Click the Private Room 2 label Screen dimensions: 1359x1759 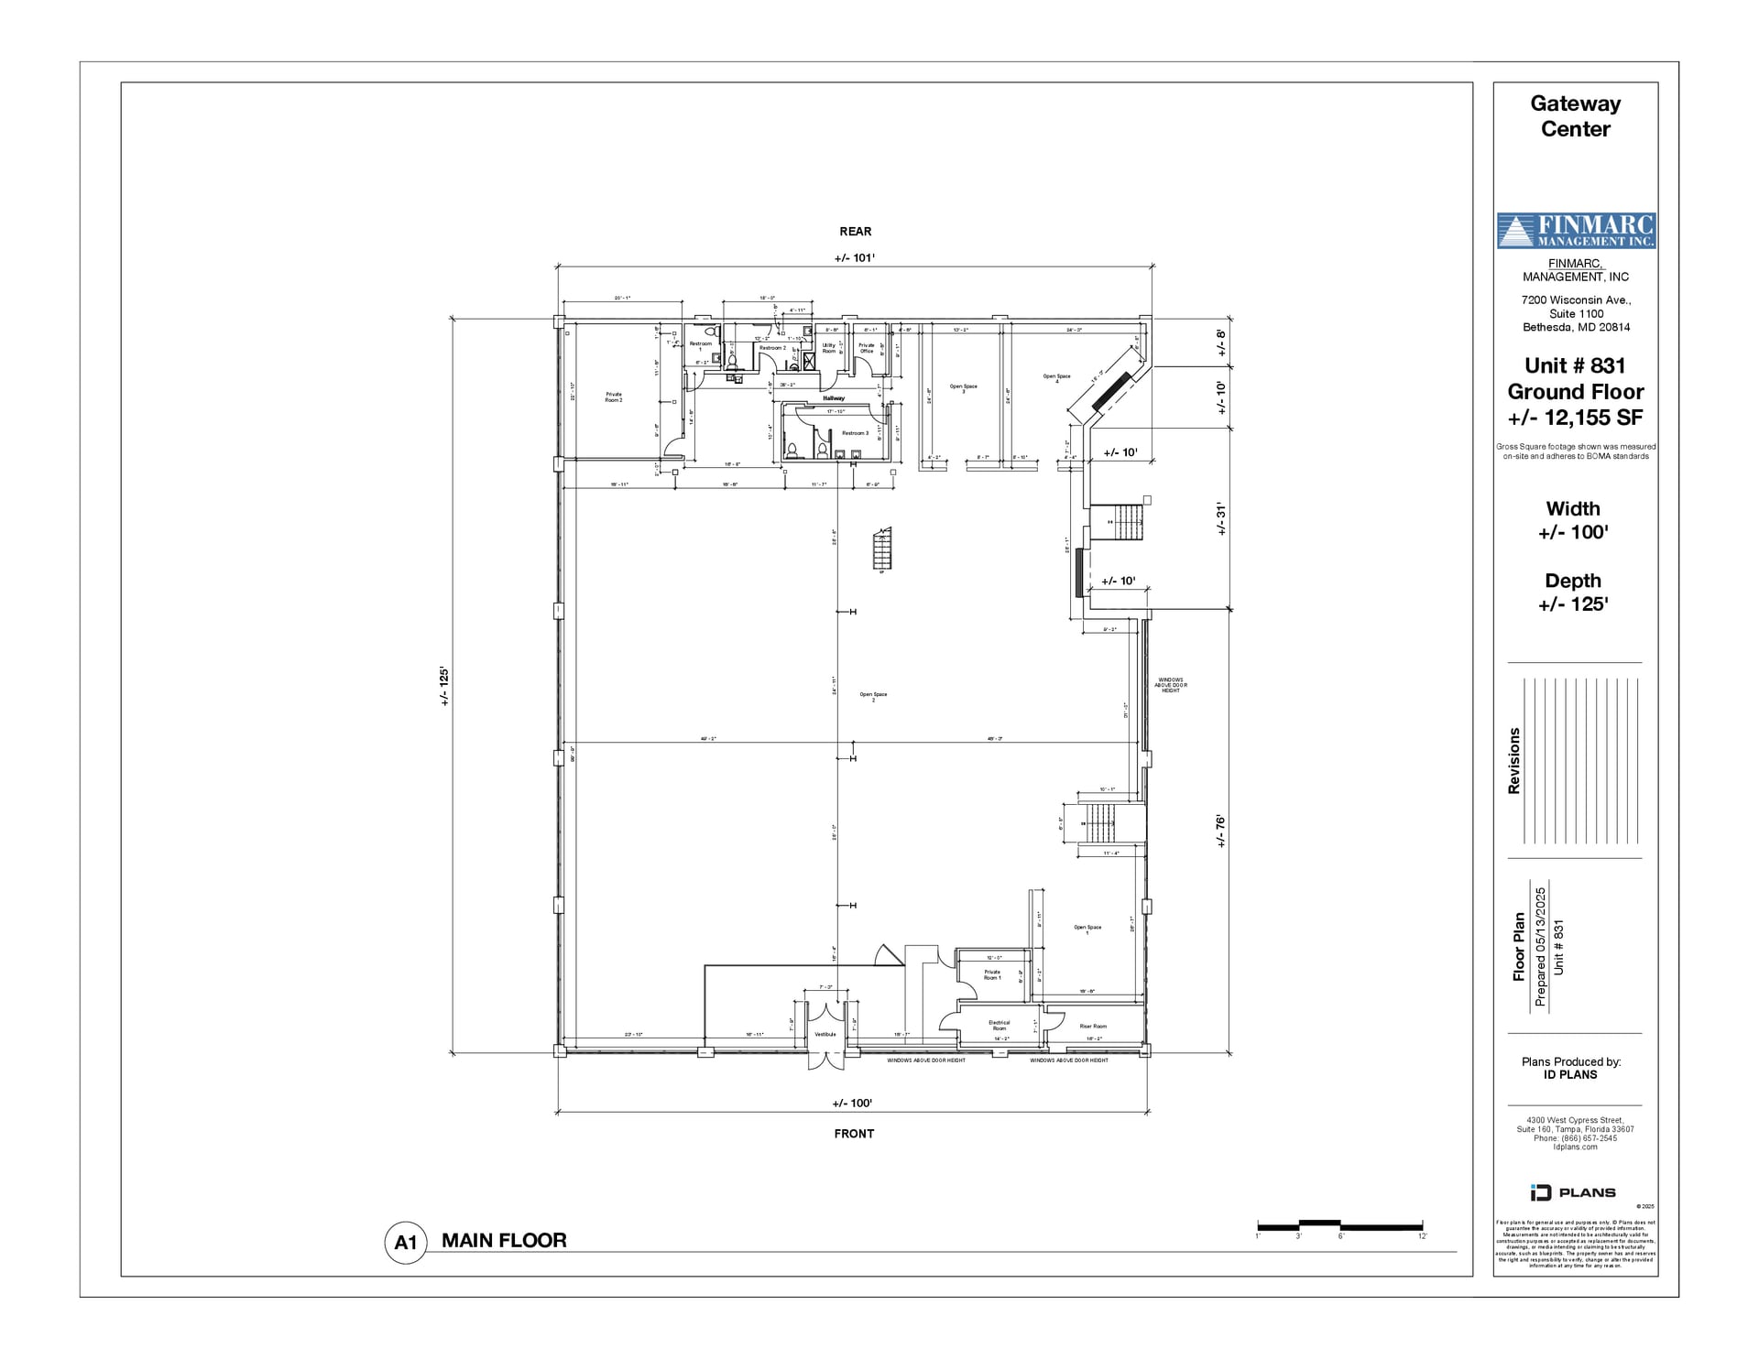click(613, 397)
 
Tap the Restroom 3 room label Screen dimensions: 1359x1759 click(854, 433)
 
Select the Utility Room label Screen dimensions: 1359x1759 click(828, 348)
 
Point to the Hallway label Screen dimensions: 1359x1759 click(833, 398)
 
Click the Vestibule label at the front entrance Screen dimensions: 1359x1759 click(825, 1034)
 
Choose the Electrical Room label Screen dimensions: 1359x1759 click(999, 1025)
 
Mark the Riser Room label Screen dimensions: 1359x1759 click(1093, 1026)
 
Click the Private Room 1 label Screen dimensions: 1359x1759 click(992, 974)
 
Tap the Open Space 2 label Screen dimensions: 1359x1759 click(873, 696)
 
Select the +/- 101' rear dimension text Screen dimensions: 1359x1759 click(854, 257)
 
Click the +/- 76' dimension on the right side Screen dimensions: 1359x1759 click(1220, 831)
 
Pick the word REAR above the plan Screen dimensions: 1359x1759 click(855, 232)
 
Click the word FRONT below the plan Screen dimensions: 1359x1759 click(854, 1133)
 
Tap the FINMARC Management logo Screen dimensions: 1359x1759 click(1576, 231)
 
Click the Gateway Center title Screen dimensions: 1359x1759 click(1575, 116)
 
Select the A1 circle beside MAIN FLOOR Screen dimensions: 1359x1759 click(405, 1243)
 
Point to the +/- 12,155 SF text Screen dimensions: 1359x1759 click(1575, 418)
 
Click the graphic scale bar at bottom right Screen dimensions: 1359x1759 click(1339, 1225)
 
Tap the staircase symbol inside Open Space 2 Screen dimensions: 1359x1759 click(881, 549)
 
